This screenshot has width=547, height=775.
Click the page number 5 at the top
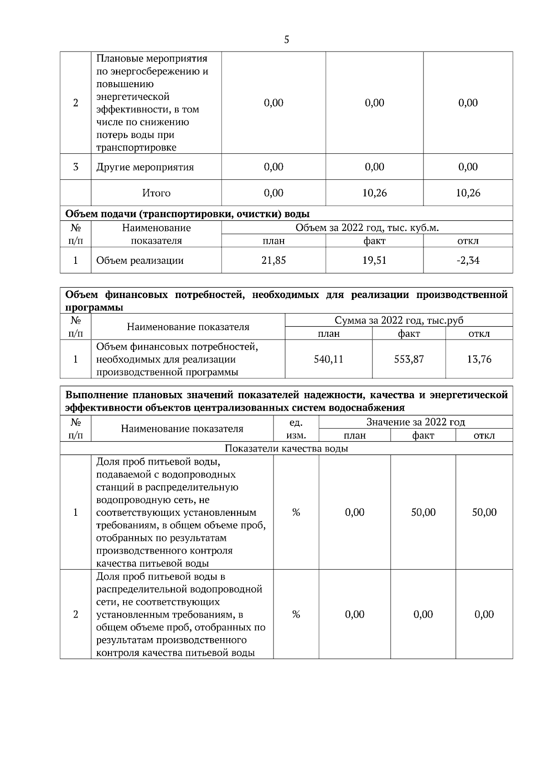pyautogui.click(x=286, y=40)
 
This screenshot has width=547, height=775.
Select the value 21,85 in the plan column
pyautogui.click(x=273, y=260)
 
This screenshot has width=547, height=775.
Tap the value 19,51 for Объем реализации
pyautogui.click(x=374, y=260)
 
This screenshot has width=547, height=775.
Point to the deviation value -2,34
pyautogui.click(x=468, y=260)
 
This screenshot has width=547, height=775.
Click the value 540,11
pyautogui.click(x=328, y=359)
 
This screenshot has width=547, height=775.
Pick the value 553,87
pyautogui.click(x=409, y=359)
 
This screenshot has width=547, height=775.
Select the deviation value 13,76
pyautogui.click(x=479, y=359)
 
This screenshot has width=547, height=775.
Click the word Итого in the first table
pyautogui.click(x=156, y=193)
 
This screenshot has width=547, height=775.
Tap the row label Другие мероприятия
pyautogui.click(x=145, y=167)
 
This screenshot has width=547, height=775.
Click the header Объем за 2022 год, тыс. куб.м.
pyautogui.click(x=367, y=227)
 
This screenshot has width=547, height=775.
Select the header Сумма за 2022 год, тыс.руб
pyautogui.click(x=399, y=320)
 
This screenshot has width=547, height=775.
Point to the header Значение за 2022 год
pyautogui.click(x=416, y=422)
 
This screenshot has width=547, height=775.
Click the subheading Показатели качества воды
pyautogui.click(x=286, y=449)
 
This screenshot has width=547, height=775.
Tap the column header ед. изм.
pyautogui.click(x=296, y=429)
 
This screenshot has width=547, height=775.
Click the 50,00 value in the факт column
pyautogui.click(x=423, y=512)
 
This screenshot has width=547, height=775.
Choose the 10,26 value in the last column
pyautogui.click(x=468, y=193)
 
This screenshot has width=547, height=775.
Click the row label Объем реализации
pyautogui.click(x=140, y=261)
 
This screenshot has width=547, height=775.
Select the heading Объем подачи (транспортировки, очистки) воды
pyautogui.click(x=187, y=214)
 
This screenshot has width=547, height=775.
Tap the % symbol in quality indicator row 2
pyautogui.click(x=296, y=614)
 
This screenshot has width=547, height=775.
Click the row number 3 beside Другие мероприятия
pyautogui.click(x=76, y=167)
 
